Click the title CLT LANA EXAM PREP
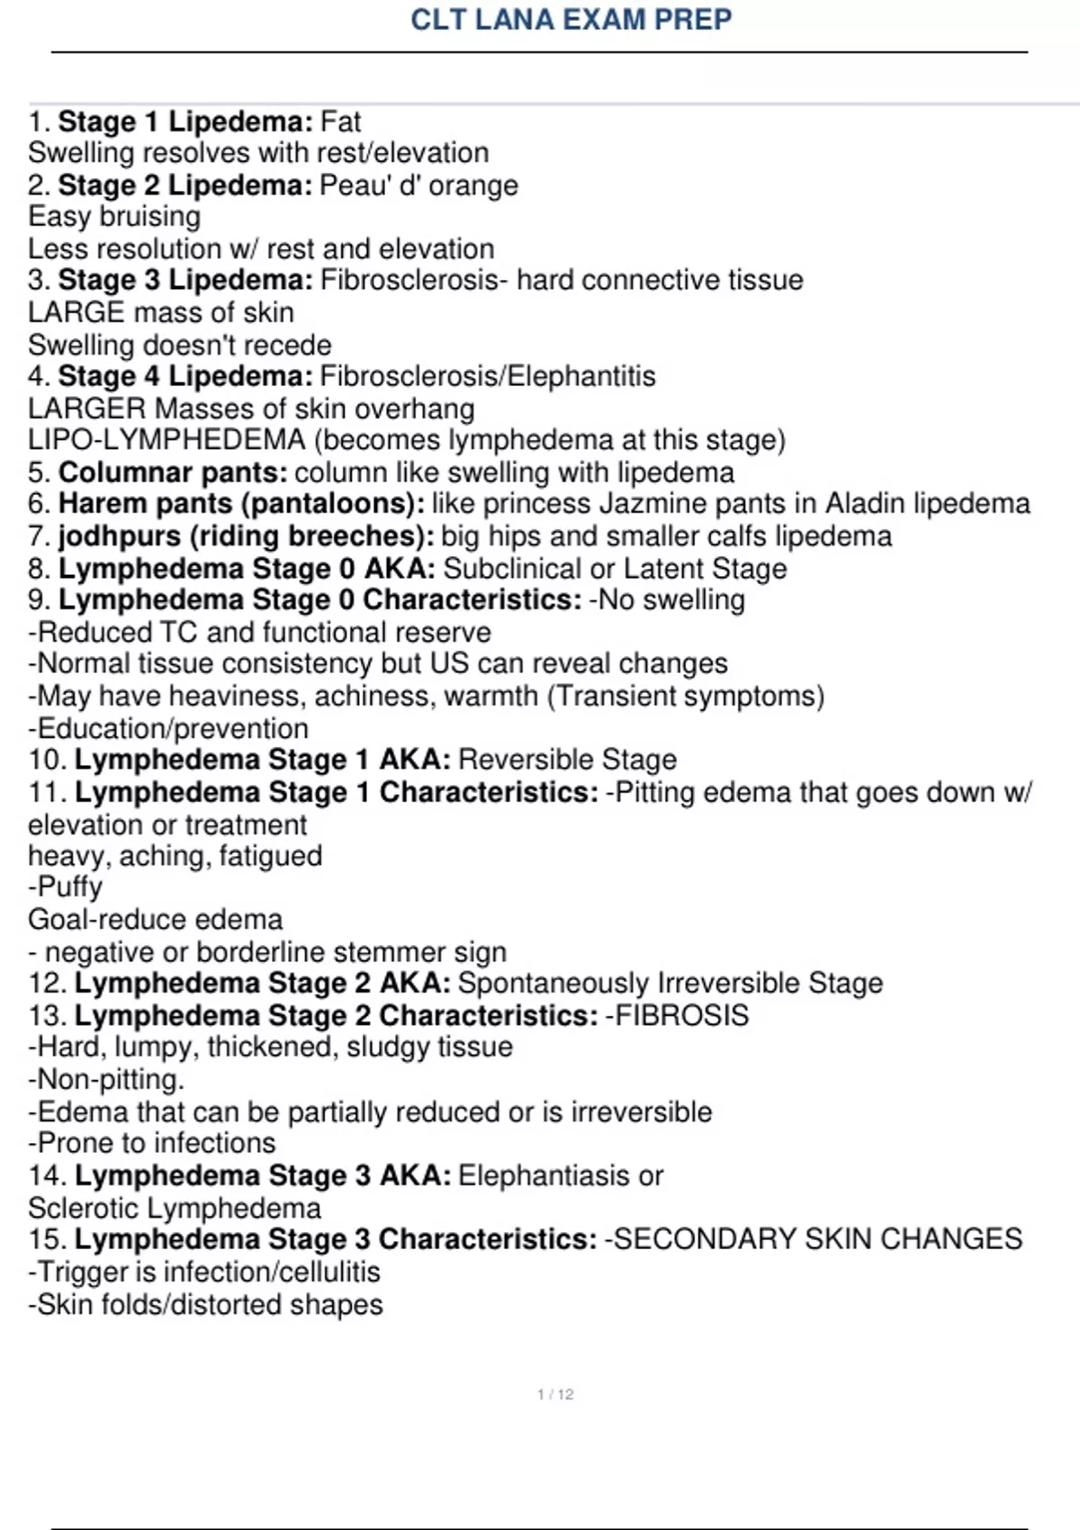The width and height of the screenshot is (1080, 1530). tap(571, 19)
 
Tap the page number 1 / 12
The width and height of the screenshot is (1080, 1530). tap(555, 1394)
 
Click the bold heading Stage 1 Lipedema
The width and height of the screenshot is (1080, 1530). tap(185, 121)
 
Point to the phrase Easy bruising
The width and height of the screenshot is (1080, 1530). tap(114, 217)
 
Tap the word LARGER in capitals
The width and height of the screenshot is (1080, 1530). tap(87, 409)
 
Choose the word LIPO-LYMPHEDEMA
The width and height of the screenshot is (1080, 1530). tap(167, 440)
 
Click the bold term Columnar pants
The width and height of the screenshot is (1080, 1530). tap(173, 472)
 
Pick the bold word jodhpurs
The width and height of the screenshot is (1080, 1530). tap(120, 536)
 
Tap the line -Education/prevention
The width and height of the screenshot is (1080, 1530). tap(168, 728)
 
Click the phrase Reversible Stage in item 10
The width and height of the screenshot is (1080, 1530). tap(567, 760)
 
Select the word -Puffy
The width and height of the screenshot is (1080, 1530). tap(66, 887)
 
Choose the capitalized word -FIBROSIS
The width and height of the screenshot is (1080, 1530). tap(677, 1016)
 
